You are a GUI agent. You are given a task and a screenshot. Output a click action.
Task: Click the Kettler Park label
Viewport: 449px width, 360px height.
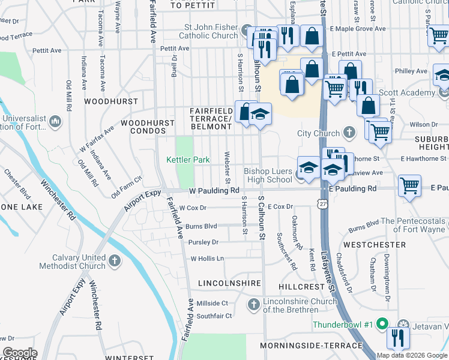(x=188, y=160)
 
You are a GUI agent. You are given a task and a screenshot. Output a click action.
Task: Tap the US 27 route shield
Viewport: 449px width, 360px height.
(x=324, y=205)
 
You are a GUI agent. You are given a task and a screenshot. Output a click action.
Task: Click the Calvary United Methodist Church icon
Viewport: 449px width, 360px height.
(x=115, y=261)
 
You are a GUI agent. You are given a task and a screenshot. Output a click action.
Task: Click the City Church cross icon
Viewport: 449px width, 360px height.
(x=350, y=133)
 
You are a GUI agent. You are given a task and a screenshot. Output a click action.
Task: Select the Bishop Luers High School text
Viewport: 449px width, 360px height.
(x=268, y=175)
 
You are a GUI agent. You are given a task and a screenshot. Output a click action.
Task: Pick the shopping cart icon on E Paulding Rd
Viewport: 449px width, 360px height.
(x=409, y=185)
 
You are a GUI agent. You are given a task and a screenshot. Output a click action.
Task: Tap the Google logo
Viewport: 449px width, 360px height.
(x=19, y=353)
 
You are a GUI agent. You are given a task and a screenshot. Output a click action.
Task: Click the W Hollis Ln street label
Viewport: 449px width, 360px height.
(x=207, y=259)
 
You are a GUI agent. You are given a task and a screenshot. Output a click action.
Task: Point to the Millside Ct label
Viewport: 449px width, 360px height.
(x=212, y=304)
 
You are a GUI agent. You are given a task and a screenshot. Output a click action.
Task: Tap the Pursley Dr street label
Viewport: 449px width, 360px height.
(x=203, y=242)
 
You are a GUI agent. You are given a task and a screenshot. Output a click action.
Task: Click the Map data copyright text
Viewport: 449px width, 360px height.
(x=411, y=355)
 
